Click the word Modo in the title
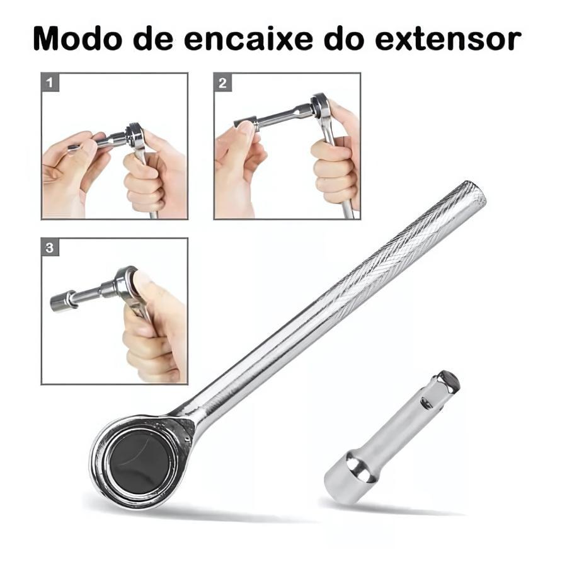point(77,38)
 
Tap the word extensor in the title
point(448,38)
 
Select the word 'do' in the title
point(344,38)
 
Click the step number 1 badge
point(50,82)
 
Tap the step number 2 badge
point(223,83)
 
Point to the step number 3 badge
point(50,248)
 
